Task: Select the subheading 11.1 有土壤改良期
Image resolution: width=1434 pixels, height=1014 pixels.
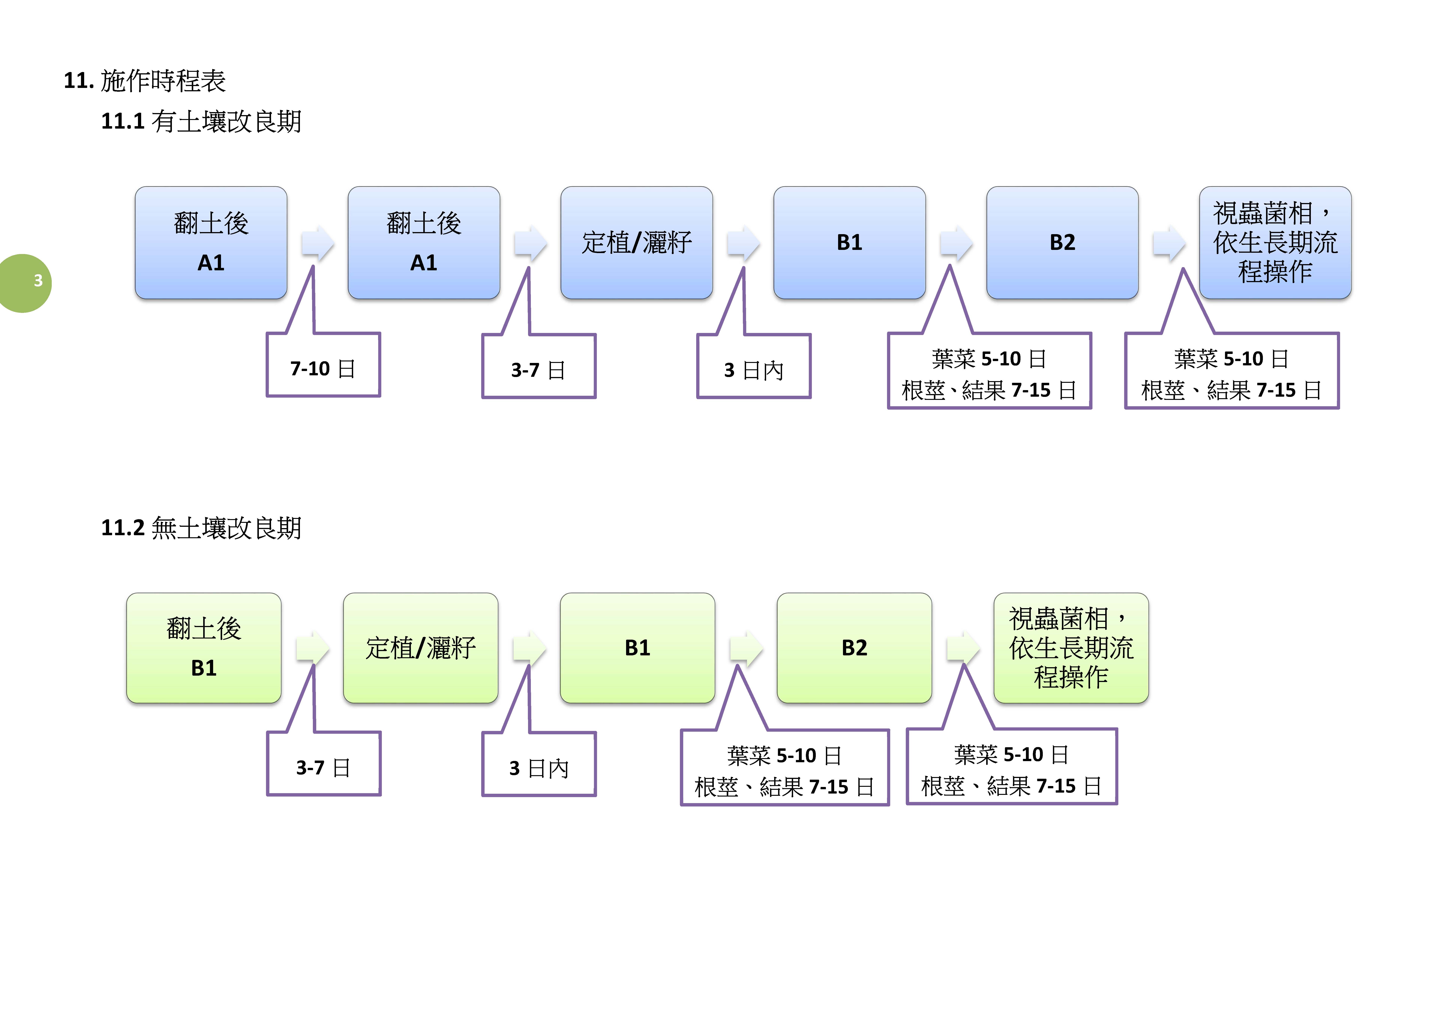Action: click(x=201, y=121)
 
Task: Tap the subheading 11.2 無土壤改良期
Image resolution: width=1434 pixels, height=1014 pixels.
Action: click(x=201, y=528)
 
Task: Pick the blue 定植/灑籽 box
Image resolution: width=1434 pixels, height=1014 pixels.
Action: click(x=636, y=242)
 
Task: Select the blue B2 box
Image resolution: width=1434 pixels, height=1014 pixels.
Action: click(x=1062, y=242)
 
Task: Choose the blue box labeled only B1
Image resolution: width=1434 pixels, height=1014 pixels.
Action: click(x=849, y=242)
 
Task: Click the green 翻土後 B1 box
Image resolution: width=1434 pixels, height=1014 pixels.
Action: click(x=204, y=648)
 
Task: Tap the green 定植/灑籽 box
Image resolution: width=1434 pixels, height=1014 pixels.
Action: click(x=420, y=648)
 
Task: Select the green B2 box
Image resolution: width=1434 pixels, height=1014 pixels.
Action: click(x=854, y=648)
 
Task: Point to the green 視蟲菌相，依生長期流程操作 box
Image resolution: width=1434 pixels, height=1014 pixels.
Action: click(x=1071, y=648)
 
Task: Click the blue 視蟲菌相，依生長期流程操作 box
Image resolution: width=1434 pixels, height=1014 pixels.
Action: click(x=1275, y=242)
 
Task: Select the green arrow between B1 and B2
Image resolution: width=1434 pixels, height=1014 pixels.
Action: click(x=746, y=648)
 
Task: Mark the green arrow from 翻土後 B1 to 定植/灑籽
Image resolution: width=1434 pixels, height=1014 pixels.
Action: click(x=312, y=648)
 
